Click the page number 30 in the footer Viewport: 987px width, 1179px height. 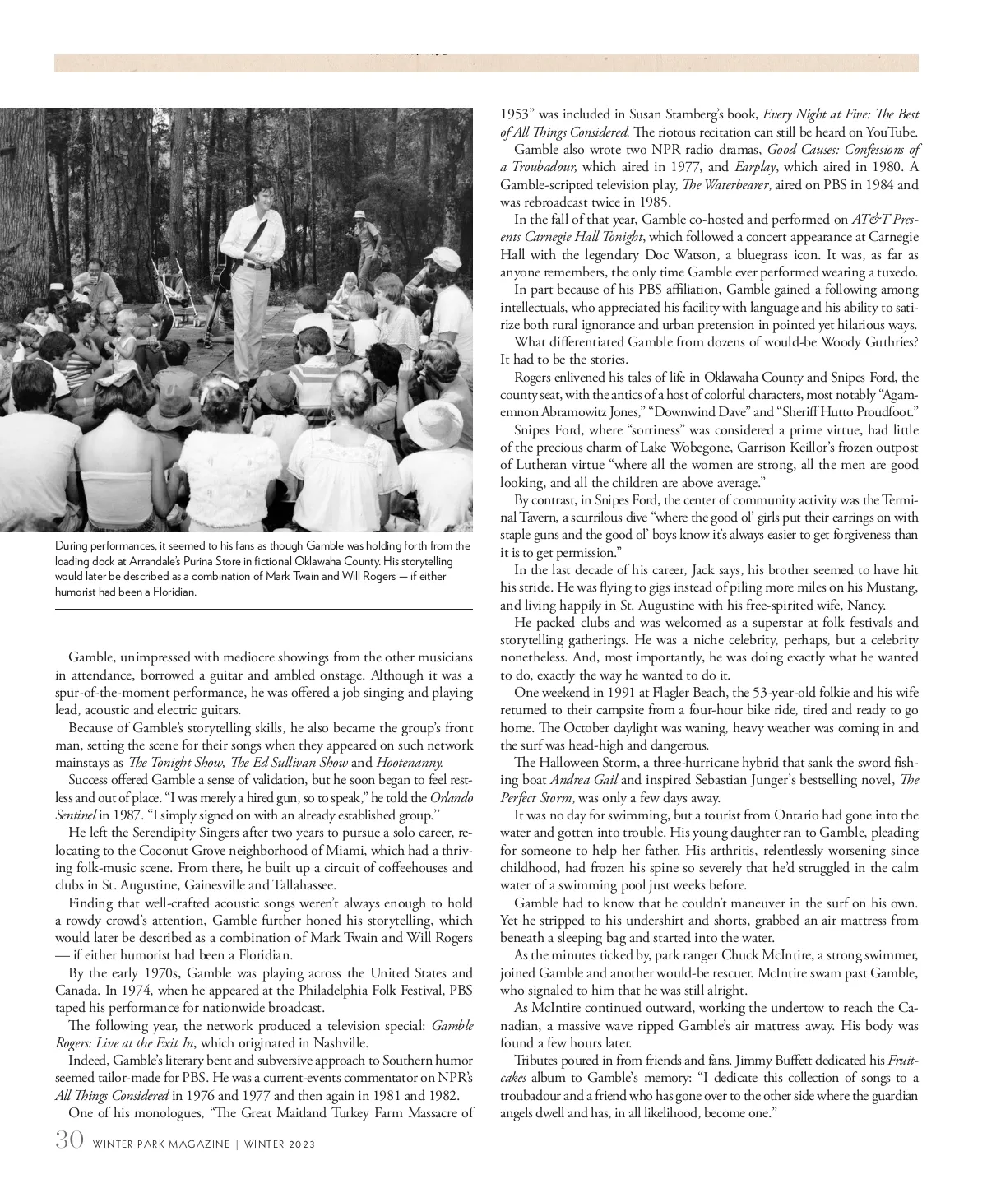point(68,1141)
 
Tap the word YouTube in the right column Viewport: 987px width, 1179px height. point(889,132)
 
